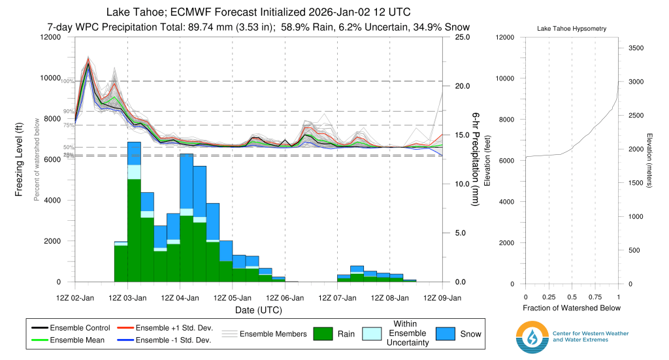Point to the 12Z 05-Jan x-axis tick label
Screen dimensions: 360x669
233,298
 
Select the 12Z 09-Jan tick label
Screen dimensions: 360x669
443,298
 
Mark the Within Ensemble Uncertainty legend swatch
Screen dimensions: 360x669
380,333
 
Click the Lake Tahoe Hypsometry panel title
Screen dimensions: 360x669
571,29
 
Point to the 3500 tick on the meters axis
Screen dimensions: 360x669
636,48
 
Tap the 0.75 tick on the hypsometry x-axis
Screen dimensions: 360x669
595,298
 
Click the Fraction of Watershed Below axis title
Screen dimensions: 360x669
571,308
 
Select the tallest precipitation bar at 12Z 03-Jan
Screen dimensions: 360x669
134,212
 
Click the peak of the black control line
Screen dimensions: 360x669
88,65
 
